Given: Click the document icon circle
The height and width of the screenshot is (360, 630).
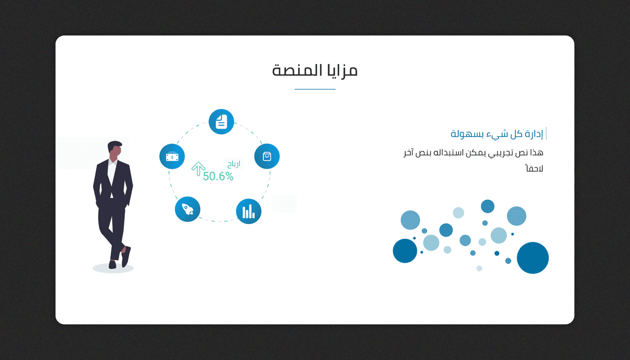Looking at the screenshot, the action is [222, 122].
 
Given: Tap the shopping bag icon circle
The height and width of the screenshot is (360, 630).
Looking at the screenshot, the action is [267, 156].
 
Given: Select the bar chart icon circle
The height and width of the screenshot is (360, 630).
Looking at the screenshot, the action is [249, 211].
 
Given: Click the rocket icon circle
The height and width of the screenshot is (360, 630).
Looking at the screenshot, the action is [187, 209].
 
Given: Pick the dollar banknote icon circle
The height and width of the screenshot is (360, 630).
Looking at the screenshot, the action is [172, 156].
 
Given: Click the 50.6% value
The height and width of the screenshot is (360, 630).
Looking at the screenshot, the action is [218, 176].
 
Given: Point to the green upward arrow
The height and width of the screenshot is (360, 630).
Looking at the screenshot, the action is [198, 169].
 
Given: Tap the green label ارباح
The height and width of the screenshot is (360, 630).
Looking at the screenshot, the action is [234, 164].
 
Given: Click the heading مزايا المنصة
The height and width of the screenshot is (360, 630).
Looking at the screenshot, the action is [314, 70].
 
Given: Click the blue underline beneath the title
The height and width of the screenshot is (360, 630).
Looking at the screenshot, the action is [315, 89].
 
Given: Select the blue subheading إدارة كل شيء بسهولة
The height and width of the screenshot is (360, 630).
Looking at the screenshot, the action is [497, 134].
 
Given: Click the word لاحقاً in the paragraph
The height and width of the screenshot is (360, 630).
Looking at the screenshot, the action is [534, 168].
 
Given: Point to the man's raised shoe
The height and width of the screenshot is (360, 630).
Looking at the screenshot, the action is [126, 257].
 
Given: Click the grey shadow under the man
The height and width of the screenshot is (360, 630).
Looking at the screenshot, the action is [113, 268].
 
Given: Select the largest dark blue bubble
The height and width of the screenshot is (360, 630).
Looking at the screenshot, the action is [533, 258].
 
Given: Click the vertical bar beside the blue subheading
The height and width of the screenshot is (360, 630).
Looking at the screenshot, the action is [546, 133].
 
